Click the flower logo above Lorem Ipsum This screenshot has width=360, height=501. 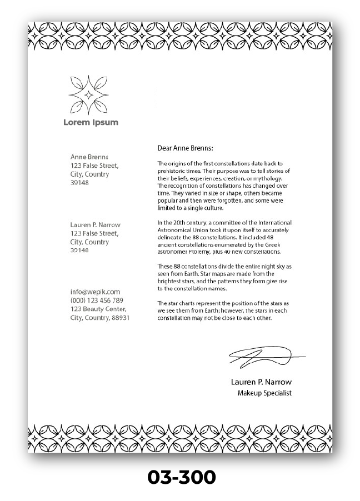pyautogui.click(x=88, y=94)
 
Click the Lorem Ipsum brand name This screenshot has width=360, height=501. pyautogui.click(x=91, y=122)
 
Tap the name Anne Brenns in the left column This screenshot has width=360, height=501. pyautogui.click(x=89, y=157)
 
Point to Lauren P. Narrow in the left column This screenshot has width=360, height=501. pyautogui.click(x=95, y=225)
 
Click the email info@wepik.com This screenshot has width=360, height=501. pyautogui.click(x=95, y=292)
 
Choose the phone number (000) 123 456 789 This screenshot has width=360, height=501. pyautogui.click(x=97, y=300)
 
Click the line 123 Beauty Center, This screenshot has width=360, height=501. pyautogui.click(x=98, y=309)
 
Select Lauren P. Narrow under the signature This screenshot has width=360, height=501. pyautogui.click(x=261, y=382)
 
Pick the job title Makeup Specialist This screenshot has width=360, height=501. pyautogui.click(x=264, y=393)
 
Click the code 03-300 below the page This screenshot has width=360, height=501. pyautogui.click(x=181, y=477)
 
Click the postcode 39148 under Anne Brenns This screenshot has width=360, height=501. pyautogui.click(x=79, y=183)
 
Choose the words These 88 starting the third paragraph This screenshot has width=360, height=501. pyautogui.click(x=169, y=266)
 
